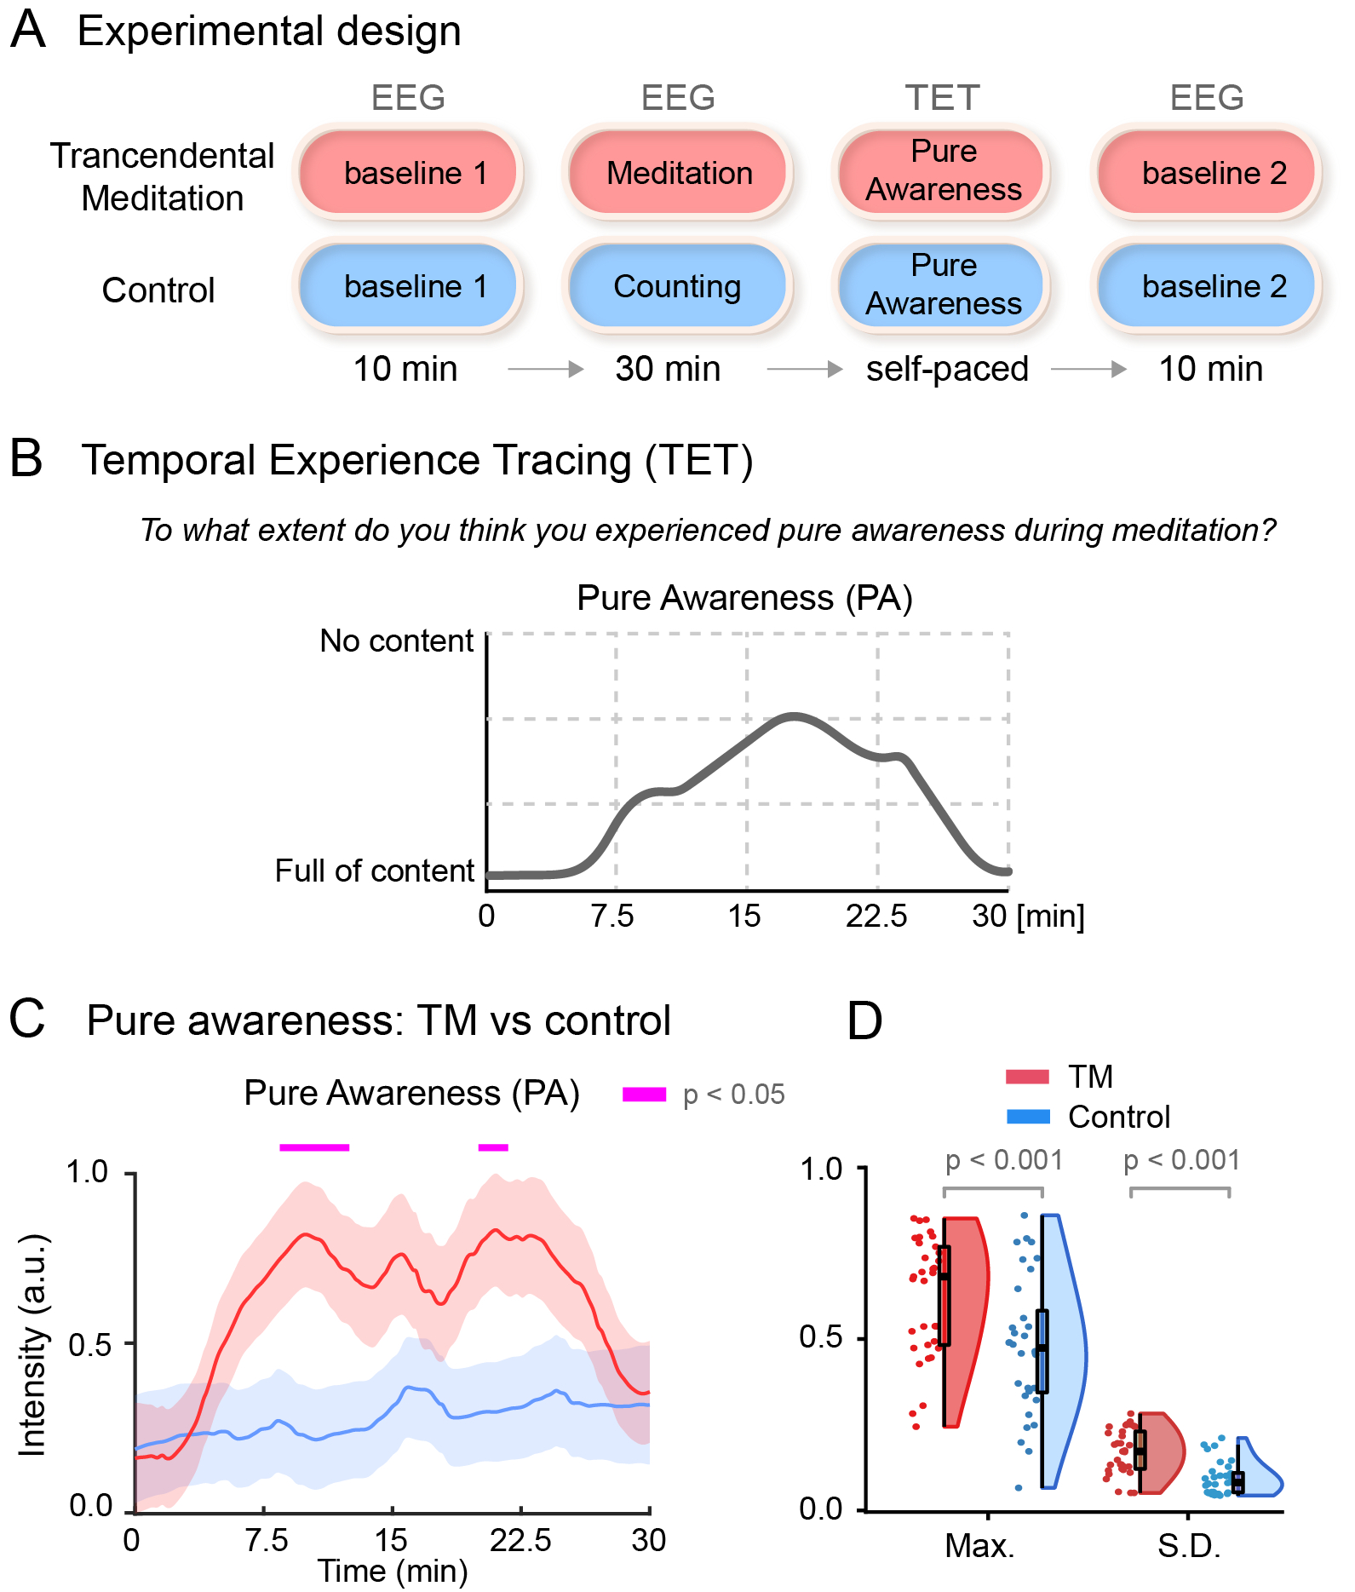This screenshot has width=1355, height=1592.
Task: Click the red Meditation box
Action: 678,172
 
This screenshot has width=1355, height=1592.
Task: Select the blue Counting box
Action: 678,286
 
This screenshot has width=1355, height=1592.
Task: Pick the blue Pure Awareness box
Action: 942,284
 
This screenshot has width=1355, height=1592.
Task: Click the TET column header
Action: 942,98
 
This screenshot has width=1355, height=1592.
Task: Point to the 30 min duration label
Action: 668,369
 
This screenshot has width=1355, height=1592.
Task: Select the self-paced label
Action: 947,369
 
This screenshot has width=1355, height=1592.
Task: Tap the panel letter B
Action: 26,458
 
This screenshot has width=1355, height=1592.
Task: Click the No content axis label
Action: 396,641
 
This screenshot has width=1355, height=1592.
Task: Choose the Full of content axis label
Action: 374,871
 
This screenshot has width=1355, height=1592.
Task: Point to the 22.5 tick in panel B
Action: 876,917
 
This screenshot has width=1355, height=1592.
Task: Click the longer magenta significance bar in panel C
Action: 314,1147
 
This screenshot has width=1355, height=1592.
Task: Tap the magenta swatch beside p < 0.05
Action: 644,1095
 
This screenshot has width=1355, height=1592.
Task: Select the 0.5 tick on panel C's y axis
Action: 89,1345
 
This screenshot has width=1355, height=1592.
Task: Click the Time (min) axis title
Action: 393,1570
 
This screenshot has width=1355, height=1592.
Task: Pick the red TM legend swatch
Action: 1027,1077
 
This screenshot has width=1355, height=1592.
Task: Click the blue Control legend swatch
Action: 1027,1117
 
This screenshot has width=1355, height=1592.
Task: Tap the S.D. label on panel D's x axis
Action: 1189,1545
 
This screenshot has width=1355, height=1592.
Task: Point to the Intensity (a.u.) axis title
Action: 32,1344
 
